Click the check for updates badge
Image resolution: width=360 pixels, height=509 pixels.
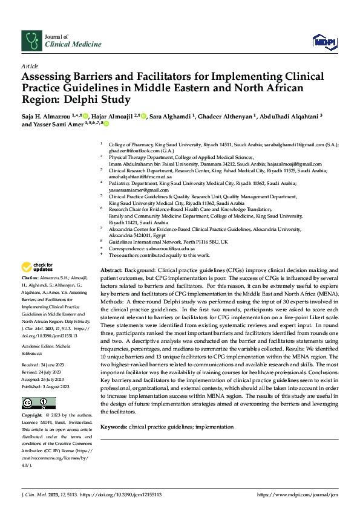tap(38, 267)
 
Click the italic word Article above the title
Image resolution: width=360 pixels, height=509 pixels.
tap(30, 65)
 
